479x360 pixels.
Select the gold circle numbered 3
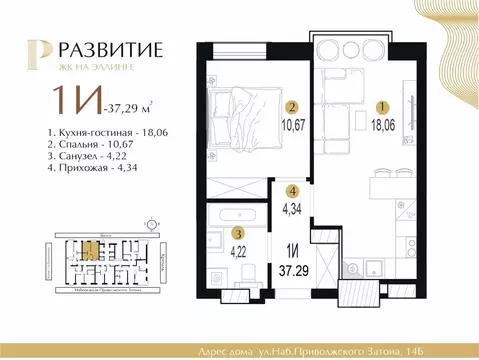[238, 231]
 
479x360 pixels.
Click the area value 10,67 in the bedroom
[292, 125]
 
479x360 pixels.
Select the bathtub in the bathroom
[240, 212]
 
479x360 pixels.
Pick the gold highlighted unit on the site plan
[89, 250]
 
